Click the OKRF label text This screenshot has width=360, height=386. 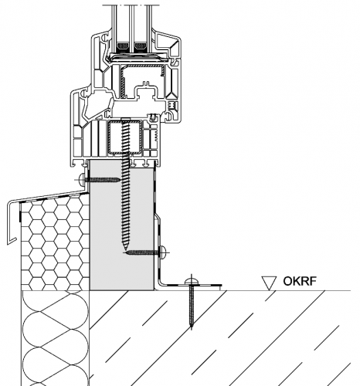point(300,281)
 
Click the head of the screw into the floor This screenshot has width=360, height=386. point(191,282)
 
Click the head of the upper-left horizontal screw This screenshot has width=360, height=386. point(82,179)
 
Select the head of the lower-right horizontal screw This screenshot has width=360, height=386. point(163,252)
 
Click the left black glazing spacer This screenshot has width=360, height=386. point(123,46)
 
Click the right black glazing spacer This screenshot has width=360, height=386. point(141,46)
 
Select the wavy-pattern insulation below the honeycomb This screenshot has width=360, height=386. point(55,338)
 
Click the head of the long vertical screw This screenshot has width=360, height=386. point(126,119)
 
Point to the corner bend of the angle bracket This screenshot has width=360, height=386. point(159,284)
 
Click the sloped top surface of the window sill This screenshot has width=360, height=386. point(49,196)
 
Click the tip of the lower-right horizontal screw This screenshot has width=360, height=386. point(126,252)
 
